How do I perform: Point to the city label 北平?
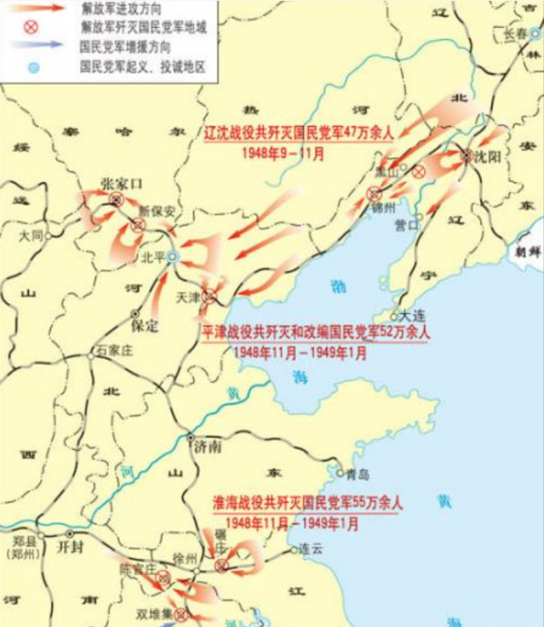point(152,257)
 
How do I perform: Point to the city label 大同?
point(30,236)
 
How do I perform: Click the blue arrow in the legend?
point(40,42)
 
